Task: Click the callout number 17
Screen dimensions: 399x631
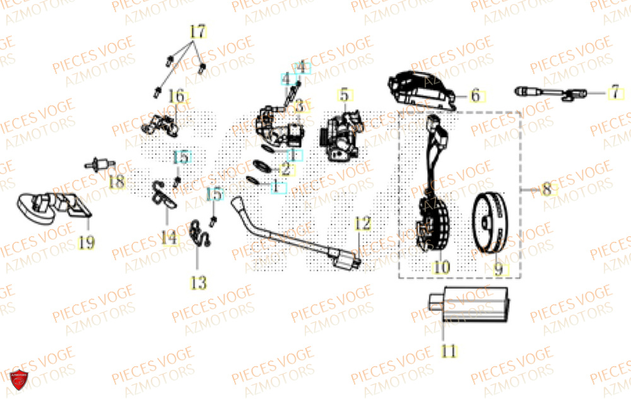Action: tap(198, 30)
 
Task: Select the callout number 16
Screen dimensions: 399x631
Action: tap(177, 97)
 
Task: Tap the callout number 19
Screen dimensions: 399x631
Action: tap(86, 242)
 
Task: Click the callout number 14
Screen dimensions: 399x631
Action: tap(168, 237)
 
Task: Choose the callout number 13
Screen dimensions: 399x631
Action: tap(198, 283)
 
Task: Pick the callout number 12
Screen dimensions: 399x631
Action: tap(360, 223)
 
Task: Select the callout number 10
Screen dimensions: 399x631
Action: tap(441, 268)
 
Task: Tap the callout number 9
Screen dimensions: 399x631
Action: tap(498, 270)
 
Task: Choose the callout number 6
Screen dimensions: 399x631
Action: tap(475, 96)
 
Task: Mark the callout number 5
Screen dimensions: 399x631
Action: tap(344, 95)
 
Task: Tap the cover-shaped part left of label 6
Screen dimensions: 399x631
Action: tap(422, 93)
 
